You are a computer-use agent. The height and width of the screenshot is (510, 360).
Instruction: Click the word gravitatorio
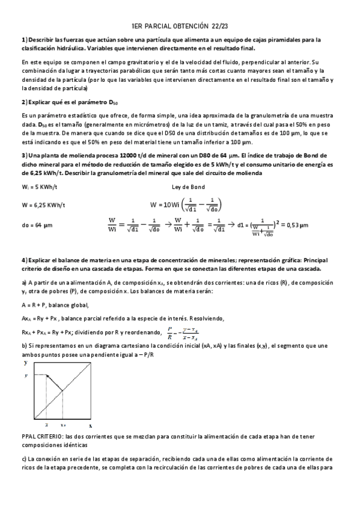pos(124,62)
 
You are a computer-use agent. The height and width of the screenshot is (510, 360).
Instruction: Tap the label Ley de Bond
pos(188,186)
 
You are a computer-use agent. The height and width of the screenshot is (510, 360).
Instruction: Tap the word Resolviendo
pos(207,318)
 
